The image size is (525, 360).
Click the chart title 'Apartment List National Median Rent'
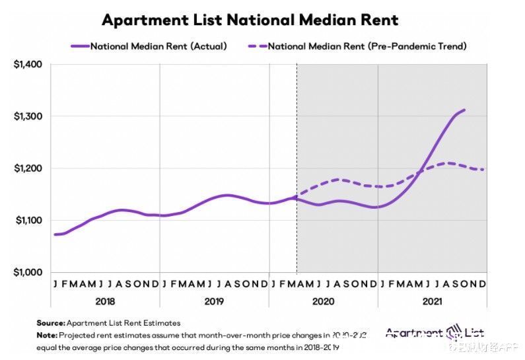(x=250, y=20)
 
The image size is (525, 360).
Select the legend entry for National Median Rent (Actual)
(x=158, y=46)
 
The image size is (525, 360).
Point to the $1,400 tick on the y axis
(x=28, y=65)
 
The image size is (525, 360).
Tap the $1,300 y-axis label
(x=28, y=116)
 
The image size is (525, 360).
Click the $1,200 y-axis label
(x=28, y=168)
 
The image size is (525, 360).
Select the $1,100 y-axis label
(x=28, y=220)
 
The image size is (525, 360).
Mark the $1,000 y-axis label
(x=28, y=272)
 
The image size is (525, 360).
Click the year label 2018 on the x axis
(x=105, y=301)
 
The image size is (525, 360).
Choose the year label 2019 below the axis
(x=214, y=301)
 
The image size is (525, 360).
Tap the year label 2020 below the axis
(x=324, y=301)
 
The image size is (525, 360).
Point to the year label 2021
(x=433, y=301)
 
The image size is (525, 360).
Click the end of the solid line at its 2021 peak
(x=464, y=110)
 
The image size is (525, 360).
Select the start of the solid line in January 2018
(x=55, y=234)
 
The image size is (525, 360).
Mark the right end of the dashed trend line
(x=483, y=170)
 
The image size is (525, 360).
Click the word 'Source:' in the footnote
(x=51, y=323)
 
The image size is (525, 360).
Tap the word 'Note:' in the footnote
(x=48, y=335)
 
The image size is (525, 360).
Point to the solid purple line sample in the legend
(x=79, y=46)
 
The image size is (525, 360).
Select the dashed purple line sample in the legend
(x=256, y=46)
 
